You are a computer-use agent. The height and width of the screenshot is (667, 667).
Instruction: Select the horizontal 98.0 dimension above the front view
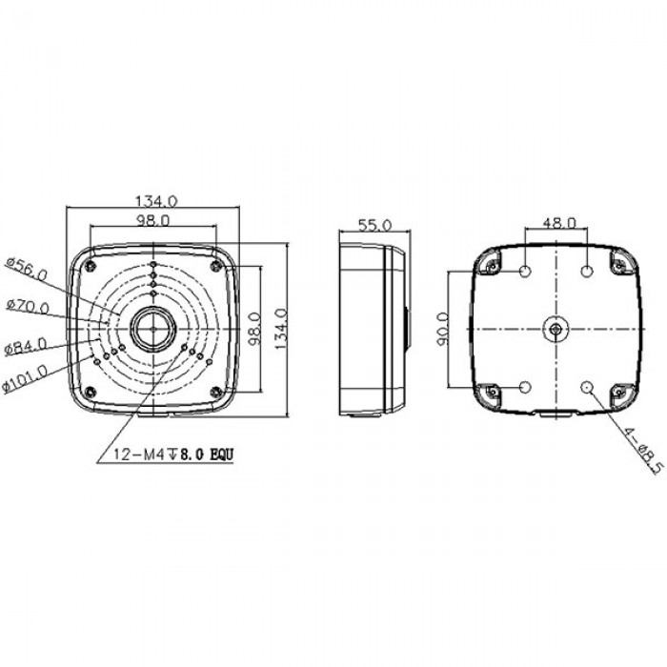[152, 220]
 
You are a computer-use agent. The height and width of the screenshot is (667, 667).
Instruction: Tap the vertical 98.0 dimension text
[254, 330]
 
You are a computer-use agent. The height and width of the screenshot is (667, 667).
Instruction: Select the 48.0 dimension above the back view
[558, 222]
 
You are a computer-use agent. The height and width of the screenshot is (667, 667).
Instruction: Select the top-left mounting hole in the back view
[526, 273]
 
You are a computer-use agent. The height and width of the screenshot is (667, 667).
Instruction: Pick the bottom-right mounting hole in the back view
[588, 387]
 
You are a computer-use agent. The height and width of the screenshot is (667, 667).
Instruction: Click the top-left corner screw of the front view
[89, 264]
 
